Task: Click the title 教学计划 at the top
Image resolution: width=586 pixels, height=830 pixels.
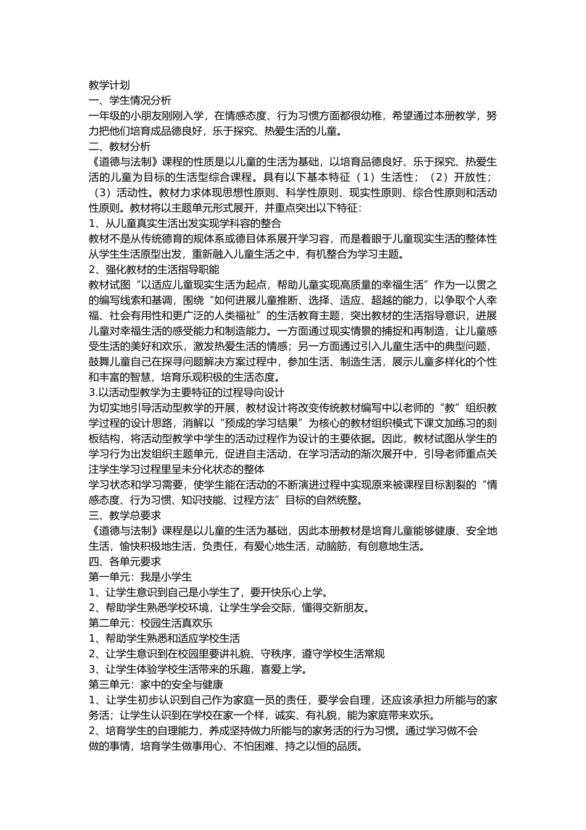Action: click(109, 85)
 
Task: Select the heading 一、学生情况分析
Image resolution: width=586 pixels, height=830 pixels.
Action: click(130, 101)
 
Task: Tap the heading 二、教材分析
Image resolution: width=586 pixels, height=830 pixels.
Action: click(120, 146)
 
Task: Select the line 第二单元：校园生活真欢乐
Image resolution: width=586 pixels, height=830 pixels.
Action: click(151, 623)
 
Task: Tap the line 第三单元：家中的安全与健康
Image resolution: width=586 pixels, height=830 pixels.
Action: click(156, 684)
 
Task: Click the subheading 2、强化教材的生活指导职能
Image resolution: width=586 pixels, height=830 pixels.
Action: click(154, 269)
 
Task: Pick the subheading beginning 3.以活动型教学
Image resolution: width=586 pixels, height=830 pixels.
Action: click(186, 392)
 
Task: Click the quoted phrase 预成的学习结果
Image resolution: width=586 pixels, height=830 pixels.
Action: click(262, 423)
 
